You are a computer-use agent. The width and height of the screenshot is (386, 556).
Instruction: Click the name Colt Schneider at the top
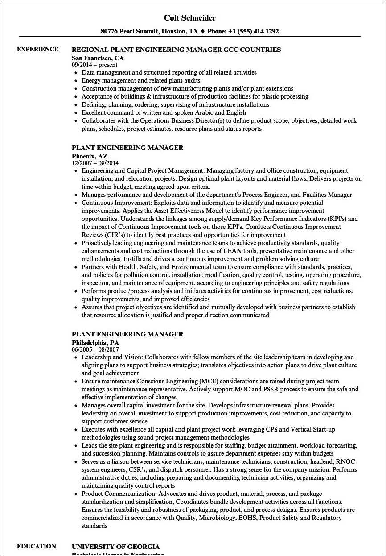[189, 18]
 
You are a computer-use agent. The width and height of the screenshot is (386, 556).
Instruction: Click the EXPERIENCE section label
[37, 49]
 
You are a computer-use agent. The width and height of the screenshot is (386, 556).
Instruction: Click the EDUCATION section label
[37, 546]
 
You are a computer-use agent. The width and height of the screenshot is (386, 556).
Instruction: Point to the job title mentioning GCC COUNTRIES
[176, 50]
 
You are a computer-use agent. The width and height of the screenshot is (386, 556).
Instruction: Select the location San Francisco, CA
[98, 58]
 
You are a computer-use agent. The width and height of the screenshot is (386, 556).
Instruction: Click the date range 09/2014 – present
[94, 65]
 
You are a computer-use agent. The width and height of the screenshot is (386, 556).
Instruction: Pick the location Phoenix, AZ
[90, 156]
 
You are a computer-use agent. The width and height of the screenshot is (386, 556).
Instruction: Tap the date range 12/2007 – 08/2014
[95, 163]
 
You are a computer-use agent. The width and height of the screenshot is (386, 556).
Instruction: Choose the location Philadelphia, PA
[95, 343]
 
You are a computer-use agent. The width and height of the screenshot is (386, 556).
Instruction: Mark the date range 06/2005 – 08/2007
[95, 350]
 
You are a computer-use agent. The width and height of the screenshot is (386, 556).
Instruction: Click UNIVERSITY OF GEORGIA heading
[115, 547]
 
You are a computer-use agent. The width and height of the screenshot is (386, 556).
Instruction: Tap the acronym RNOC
[345, 461]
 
